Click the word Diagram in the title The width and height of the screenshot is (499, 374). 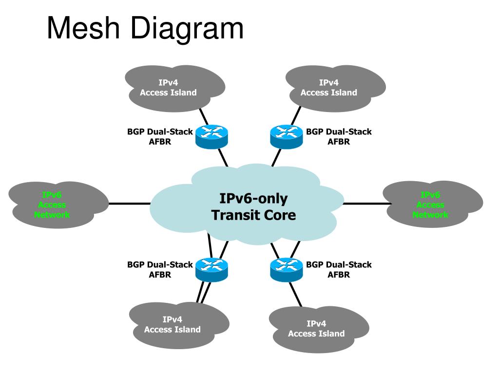(187, 30)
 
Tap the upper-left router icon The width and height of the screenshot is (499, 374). (211, 137)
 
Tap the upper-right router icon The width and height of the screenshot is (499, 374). (287, 137)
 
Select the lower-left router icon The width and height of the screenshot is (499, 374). (211, 270)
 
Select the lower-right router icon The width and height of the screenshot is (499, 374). (287, 270)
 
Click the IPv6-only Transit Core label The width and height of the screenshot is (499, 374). (253, 206)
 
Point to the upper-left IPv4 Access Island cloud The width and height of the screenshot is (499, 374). (175, 89)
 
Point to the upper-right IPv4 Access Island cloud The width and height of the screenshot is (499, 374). (335, 89)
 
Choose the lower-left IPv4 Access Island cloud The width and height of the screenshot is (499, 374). (179, 325)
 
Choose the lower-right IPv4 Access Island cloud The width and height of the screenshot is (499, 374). (319, 330)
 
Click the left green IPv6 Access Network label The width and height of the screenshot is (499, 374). (52, 205)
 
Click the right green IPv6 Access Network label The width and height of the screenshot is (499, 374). (430, 205)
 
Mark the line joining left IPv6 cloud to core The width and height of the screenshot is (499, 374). (129, 204)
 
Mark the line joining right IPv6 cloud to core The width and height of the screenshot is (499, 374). (367, 204)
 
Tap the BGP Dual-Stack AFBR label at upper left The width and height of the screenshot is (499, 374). (160, 137)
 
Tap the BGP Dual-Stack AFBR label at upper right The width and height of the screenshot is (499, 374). (339, 137)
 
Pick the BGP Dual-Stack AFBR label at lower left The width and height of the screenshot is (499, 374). (160, 270)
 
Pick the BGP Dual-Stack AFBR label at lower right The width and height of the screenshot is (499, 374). (339, 270)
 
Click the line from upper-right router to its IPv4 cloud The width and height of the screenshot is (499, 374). (296, 116)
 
